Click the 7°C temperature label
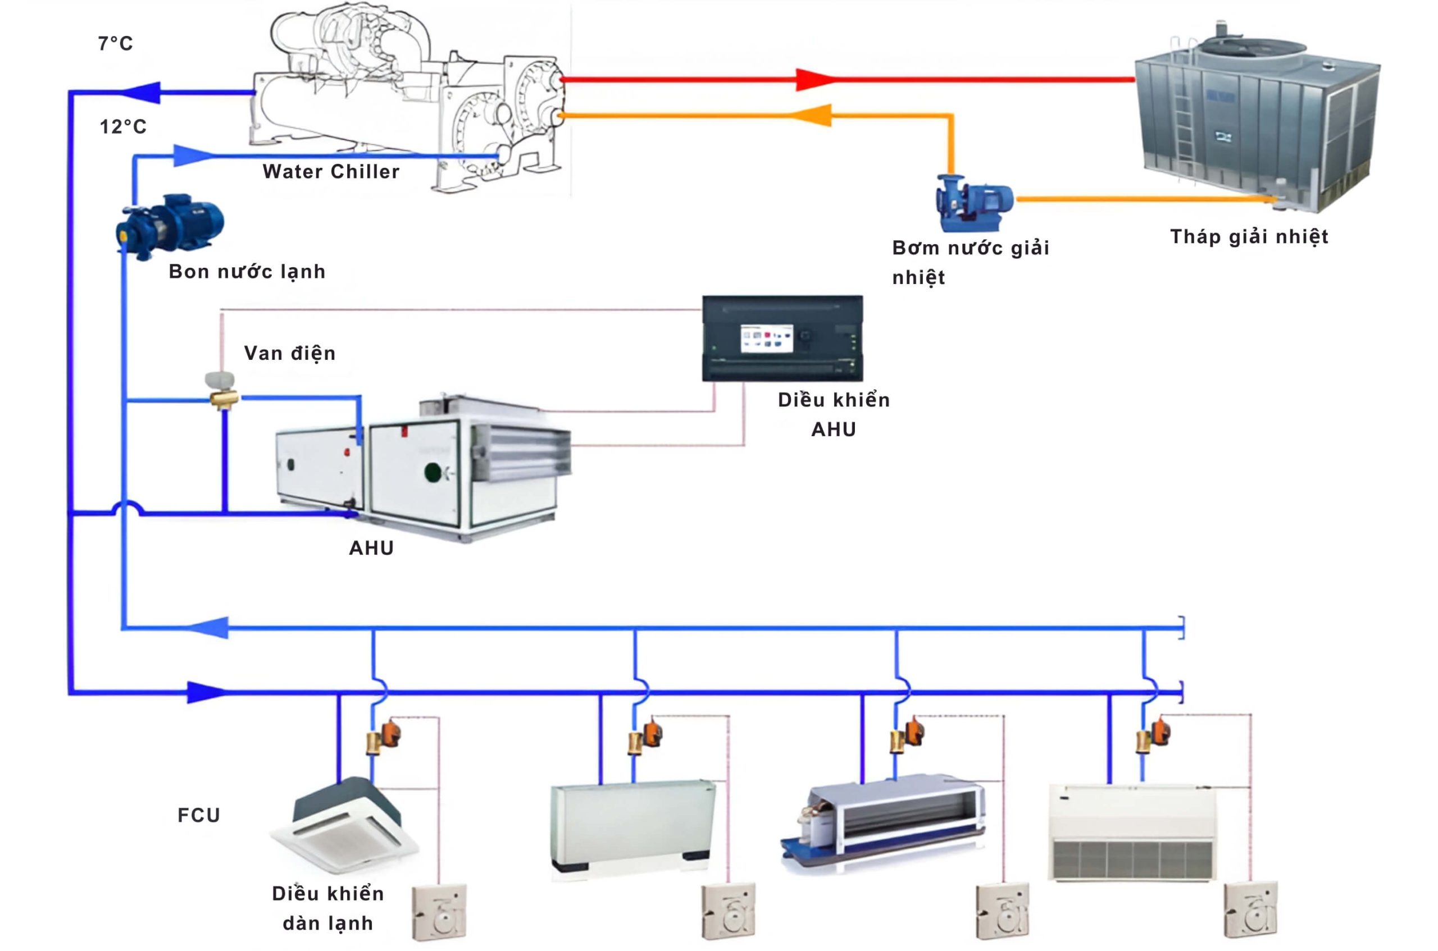click(115, 44)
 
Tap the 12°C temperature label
click(123, 127)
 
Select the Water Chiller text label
click(331, 172)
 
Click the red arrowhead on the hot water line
click(813, 80)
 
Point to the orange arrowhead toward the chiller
click(813, 115)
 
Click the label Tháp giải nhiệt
click(1249, 236)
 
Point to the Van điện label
click(289, 353)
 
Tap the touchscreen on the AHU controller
click(766, 339)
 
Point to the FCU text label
click(198, 815)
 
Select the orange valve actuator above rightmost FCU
click(1161, 731)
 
